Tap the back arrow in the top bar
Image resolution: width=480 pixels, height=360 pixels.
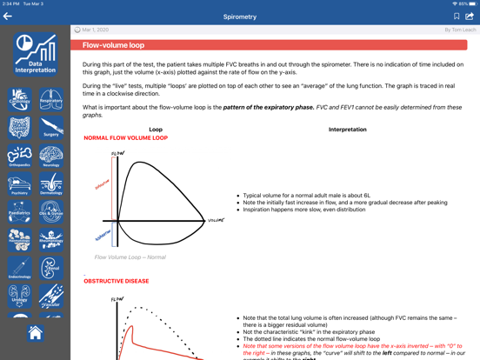(x=8, y=17)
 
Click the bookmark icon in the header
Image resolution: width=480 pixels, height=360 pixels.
(x=457, y=17)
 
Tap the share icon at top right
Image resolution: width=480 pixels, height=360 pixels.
(x=470, y=16)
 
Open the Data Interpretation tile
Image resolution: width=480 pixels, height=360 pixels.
(x=36, y=54)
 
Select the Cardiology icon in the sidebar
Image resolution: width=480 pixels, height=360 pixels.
(x=20, y=99)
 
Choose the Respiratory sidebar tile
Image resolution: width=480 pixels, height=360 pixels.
(x=51, y=99)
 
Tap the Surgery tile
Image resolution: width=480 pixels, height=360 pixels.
(x=51, y=127)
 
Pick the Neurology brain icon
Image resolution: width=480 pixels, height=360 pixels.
(x=51, y=156)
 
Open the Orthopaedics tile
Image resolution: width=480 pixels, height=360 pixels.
(x=20, y=156)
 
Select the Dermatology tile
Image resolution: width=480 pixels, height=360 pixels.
(x=51, y=183)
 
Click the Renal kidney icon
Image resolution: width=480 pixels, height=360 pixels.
(x=51, y=267)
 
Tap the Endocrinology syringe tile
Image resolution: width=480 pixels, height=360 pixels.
(x=20, y=267)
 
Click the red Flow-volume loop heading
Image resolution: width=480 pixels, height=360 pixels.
(x=113, y=45)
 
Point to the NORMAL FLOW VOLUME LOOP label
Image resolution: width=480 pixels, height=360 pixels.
(x=125, y=138)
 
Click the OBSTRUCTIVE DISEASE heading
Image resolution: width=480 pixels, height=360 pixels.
(x=116, y=282)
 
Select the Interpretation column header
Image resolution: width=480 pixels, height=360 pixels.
(x=347, y=130)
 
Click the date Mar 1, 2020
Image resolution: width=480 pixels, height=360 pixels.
(x=97, y=30)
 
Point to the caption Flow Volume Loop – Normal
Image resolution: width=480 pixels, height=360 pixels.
(x=130, y=257)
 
